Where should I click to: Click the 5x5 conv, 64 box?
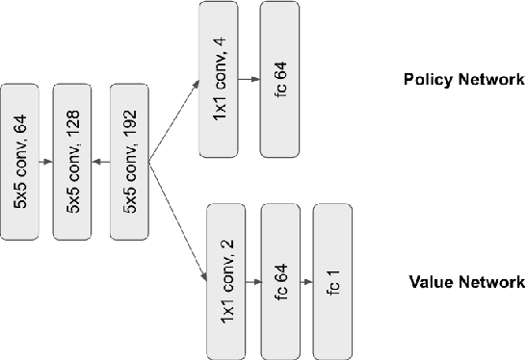pyautogui.click(x=20, y=161)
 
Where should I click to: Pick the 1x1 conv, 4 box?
pyautogui.click(x=219, y=79)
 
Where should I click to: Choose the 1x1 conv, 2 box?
pyautogui.click(x=227, y=280)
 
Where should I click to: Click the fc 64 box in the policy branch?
pyautogui.click(x=279, y=79)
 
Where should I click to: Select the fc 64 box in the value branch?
pyautogui.click(x=281, y=280)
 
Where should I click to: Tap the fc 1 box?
pyautogui.click(x=333, y=280)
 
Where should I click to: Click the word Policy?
pyautogui.click(x=425, y=79)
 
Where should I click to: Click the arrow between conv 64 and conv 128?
pyautogui.click(x=46, y=162)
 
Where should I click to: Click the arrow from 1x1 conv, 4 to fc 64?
pyautogui.click(x=249, y=80)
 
